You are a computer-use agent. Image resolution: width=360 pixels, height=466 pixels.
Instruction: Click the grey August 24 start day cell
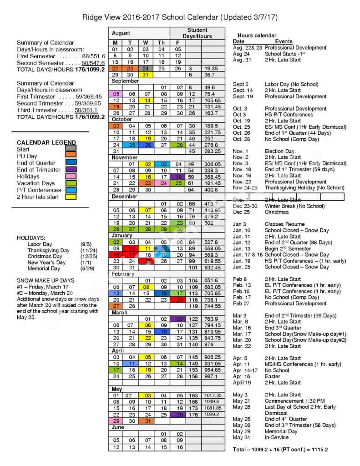146,68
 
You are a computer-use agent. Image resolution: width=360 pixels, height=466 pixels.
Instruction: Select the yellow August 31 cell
146,75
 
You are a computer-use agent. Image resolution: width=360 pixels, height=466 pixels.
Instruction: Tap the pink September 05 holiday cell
116,94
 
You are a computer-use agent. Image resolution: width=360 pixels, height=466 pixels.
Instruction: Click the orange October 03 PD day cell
116,126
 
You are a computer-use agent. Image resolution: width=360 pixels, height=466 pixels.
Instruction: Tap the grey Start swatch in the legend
71,149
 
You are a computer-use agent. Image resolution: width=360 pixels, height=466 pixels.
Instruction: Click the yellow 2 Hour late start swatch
71,197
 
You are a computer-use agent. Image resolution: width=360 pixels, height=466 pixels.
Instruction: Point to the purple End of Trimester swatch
71,169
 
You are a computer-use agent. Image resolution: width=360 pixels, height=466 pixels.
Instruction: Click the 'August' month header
121,33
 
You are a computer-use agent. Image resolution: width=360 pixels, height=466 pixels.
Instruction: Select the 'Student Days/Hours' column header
197,33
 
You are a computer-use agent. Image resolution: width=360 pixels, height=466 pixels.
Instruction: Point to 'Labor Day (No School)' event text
291,84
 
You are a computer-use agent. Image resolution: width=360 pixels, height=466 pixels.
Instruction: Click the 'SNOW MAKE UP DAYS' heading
45,280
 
